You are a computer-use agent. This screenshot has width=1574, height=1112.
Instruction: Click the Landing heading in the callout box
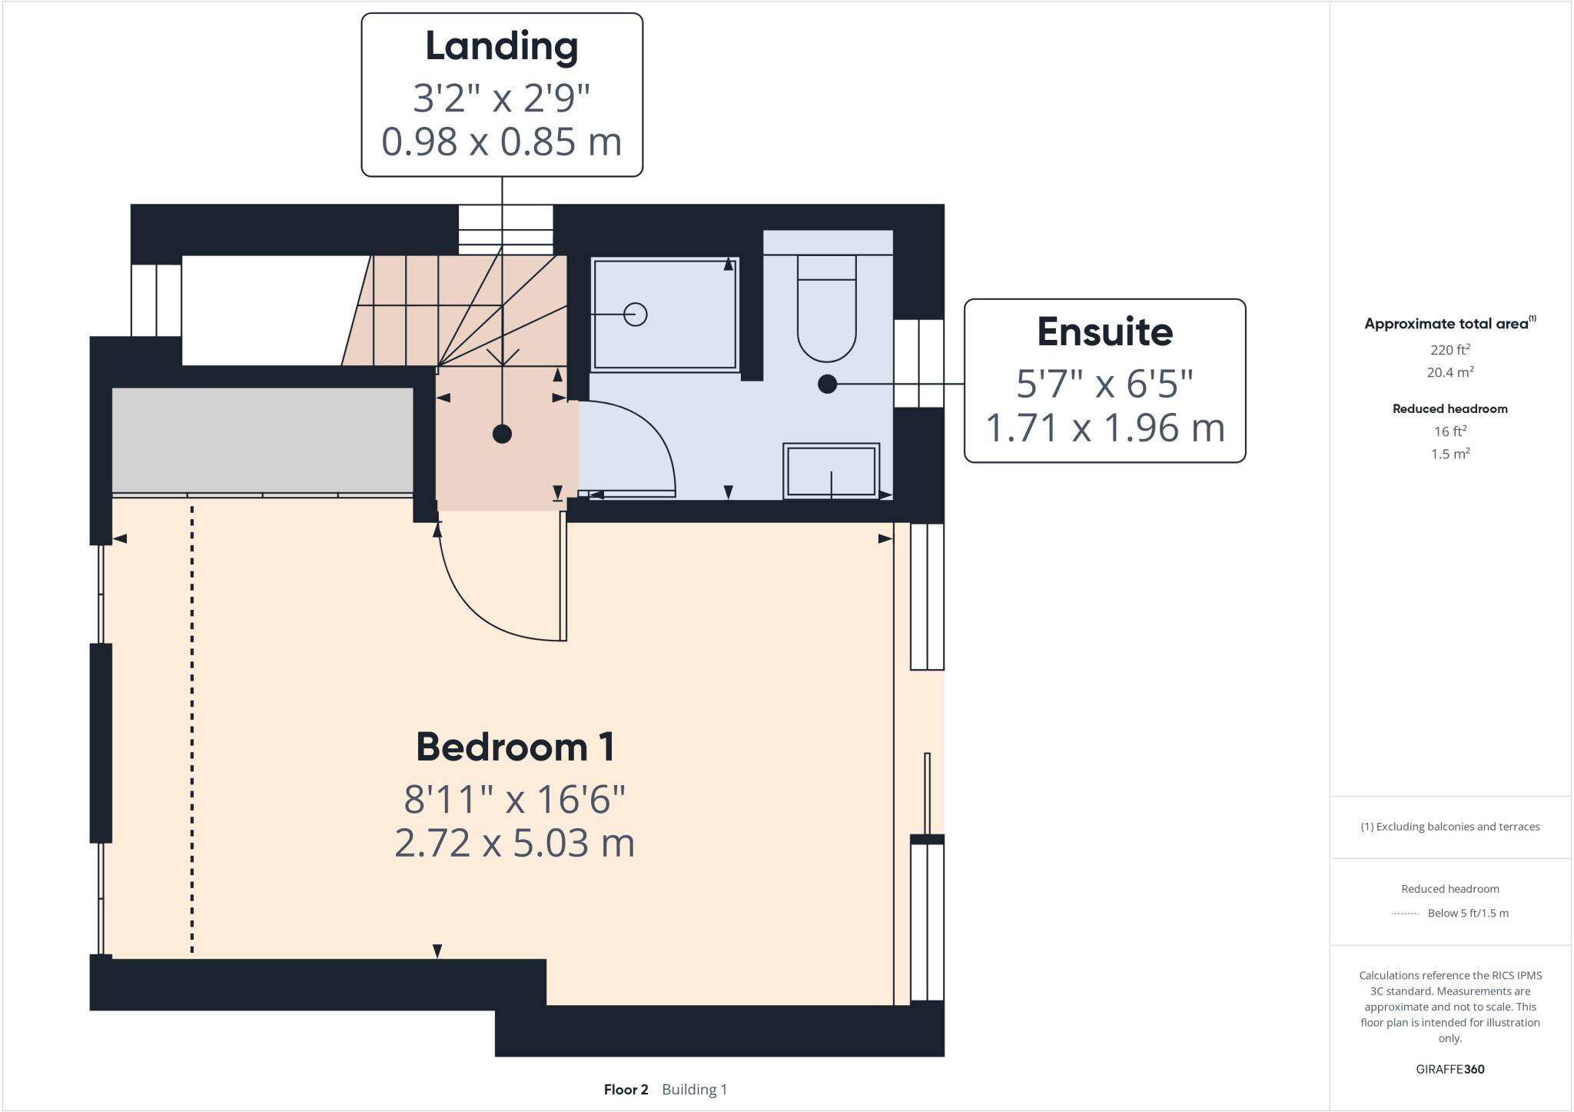502,46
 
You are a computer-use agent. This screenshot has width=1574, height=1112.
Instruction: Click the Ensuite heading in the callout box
1104,332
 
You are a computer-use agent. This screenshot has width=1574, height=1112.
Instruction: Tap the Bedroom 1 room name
515,747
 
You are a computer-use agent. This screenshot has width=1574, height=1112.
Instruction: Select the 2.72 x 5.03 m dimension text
515,843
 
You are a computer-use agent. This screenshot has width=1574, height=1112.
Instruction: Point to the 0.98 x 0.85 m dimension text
502,141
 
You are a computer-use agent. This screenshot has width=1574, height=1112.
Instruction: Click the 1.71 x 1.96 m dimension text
1104,428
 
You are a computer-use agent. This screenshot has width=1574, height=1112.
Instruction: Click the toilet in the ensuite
826,308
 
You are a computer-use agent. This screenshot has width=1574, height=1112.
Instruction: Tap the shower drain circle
635,315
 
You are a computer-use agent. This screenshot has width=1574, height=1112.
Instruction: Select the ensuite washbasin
831,471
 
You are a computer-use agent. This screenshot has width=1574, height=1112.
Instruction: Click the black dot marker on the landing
502,434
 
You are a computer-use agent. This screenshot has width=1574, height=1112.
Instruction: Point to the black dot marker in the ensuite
827,384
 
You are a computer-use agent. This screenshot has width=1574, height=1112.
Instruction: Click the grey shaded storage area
263,439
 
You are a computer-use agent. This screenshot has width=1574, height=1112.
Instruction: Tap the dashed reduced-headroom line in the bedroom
192,731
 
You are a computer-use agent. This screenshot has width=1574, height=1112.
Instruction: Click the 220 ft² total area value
1449,350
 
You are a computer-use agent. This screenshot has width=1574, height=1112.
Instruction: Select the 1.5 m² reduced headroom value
1449,454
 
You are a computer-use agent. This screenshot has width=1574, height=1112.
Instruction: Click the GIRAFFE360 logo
1449,1069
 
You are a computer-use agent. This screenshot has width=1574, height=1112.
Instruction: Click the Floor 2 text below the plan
626,1090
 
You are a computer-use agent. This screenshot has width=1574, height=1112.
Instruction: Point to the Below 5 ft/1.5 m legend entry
1467,914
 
